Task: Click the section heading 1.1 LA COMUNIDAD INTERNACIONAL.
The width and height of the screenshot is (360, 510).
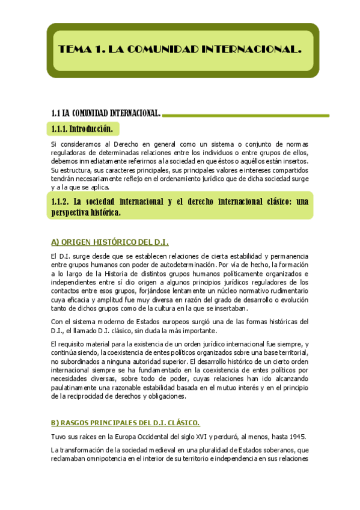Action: click(x=106, y=114)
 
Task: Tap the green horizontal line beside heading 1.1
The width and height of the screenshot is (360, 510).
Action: click(x=246, y=114)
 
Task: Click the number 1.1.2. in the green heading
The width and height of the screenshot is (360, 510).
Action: click(x=63, y=201)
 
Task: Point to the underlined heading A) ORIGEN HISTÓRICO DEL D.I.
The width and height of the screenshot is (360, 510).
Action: click(x=109, y=242)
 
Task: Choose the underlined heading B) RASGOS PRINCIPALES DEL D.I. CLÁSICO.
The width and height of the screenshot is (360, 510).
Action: click(x=125, y=423)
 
